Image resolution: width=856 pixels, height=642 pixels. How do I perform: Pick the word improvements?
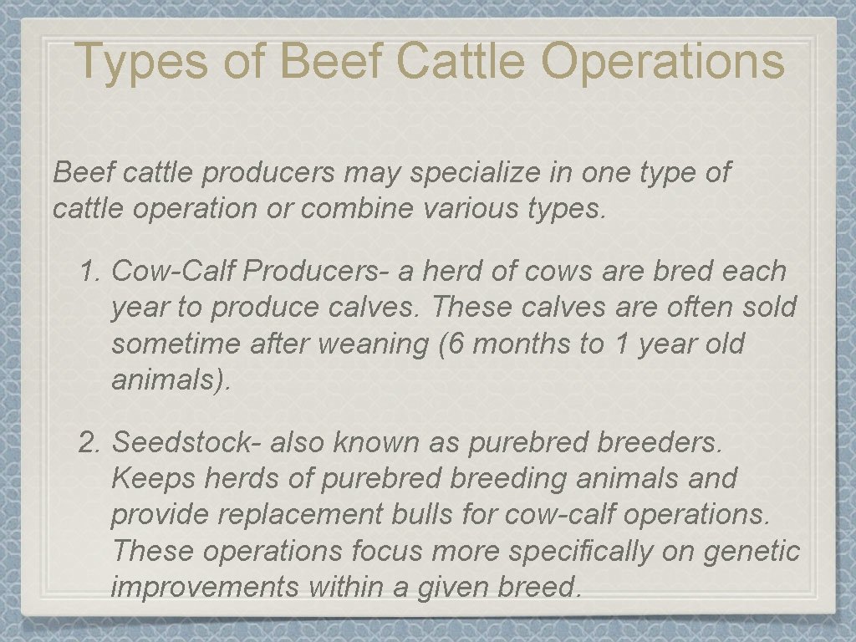[x=205, y=587]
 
